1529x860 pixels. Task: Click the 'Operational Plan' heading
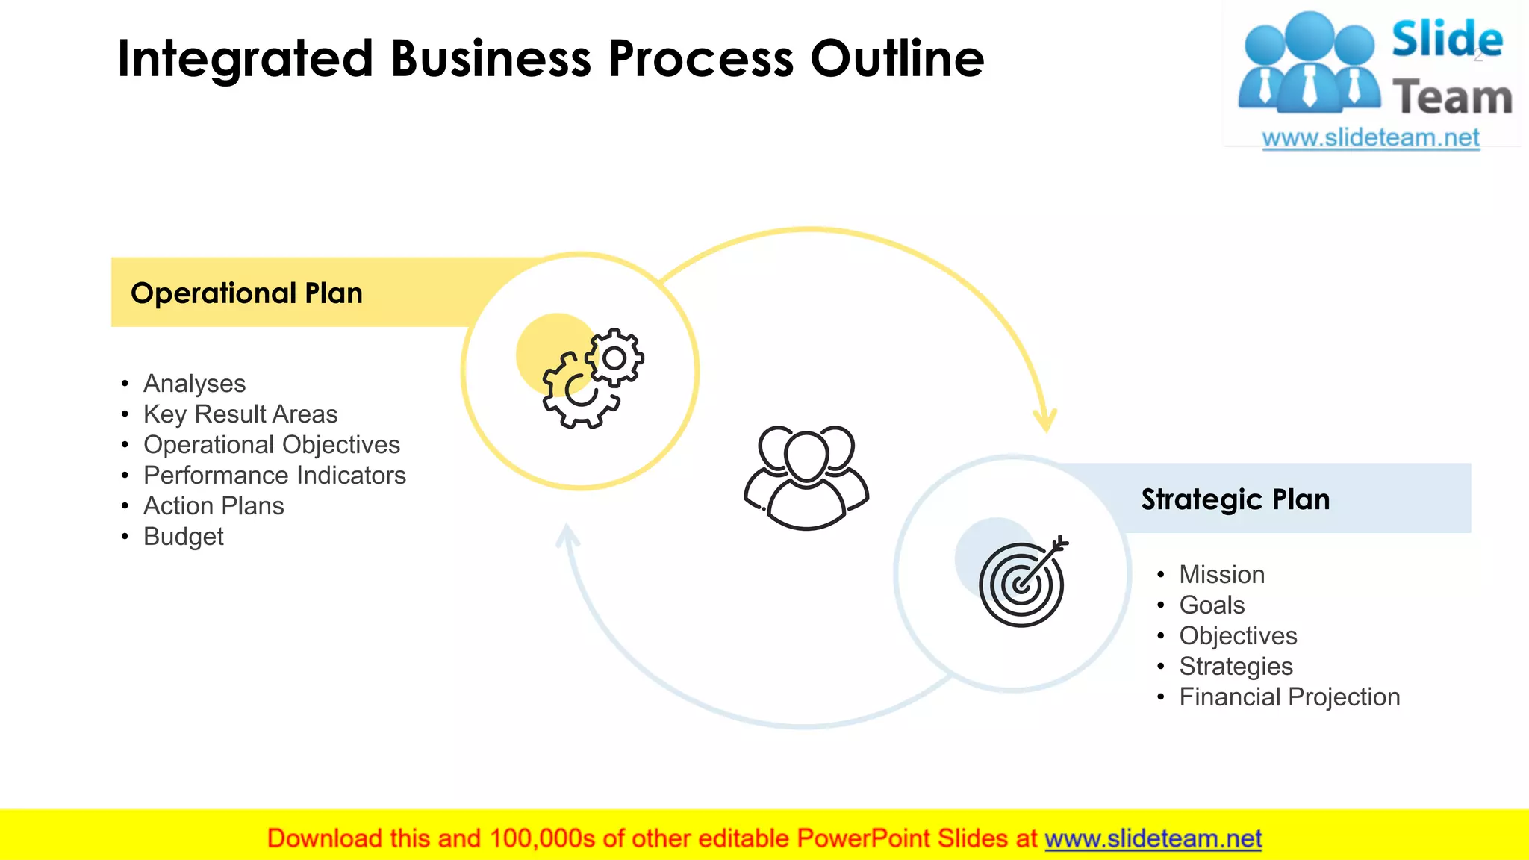tap(246, 293)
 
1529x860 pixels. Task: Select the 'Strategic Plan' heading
tap(1235, 499)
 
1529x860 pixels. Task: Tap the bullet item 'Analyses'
tap(194, 384)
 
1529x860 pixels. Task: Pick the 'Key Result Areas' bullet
tap(240, 414)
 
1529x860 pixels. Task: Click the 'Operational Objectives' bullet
tap(272, 445)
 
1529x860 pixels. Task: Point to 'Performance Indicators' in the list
tap(275, 476)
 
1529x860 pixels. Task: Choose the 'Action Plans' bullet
tap(214, 506)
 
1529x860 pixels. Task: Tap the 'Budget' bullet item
tap(184, 537)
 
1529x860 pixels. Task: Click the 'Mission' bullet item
tap(1221, 575)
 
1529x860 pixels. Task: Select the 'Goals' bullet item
tap(1212, 605)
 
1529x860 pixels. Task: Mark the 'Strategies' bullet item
tap(1236, 667)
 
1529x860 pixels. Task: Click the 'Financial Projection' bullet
tap(1289, 697)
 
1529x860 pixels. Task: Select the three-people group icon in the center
tap(806, 478)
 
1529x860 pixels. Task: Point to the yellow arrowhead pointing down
tap(1045, 420)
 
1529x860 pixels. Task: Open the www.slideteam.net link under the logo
tap(1370, 138)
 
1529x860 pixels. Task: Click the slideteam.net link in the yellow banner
tap(1153, 839)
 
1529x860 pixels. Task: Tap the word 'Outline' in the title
tap(897, 59)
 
